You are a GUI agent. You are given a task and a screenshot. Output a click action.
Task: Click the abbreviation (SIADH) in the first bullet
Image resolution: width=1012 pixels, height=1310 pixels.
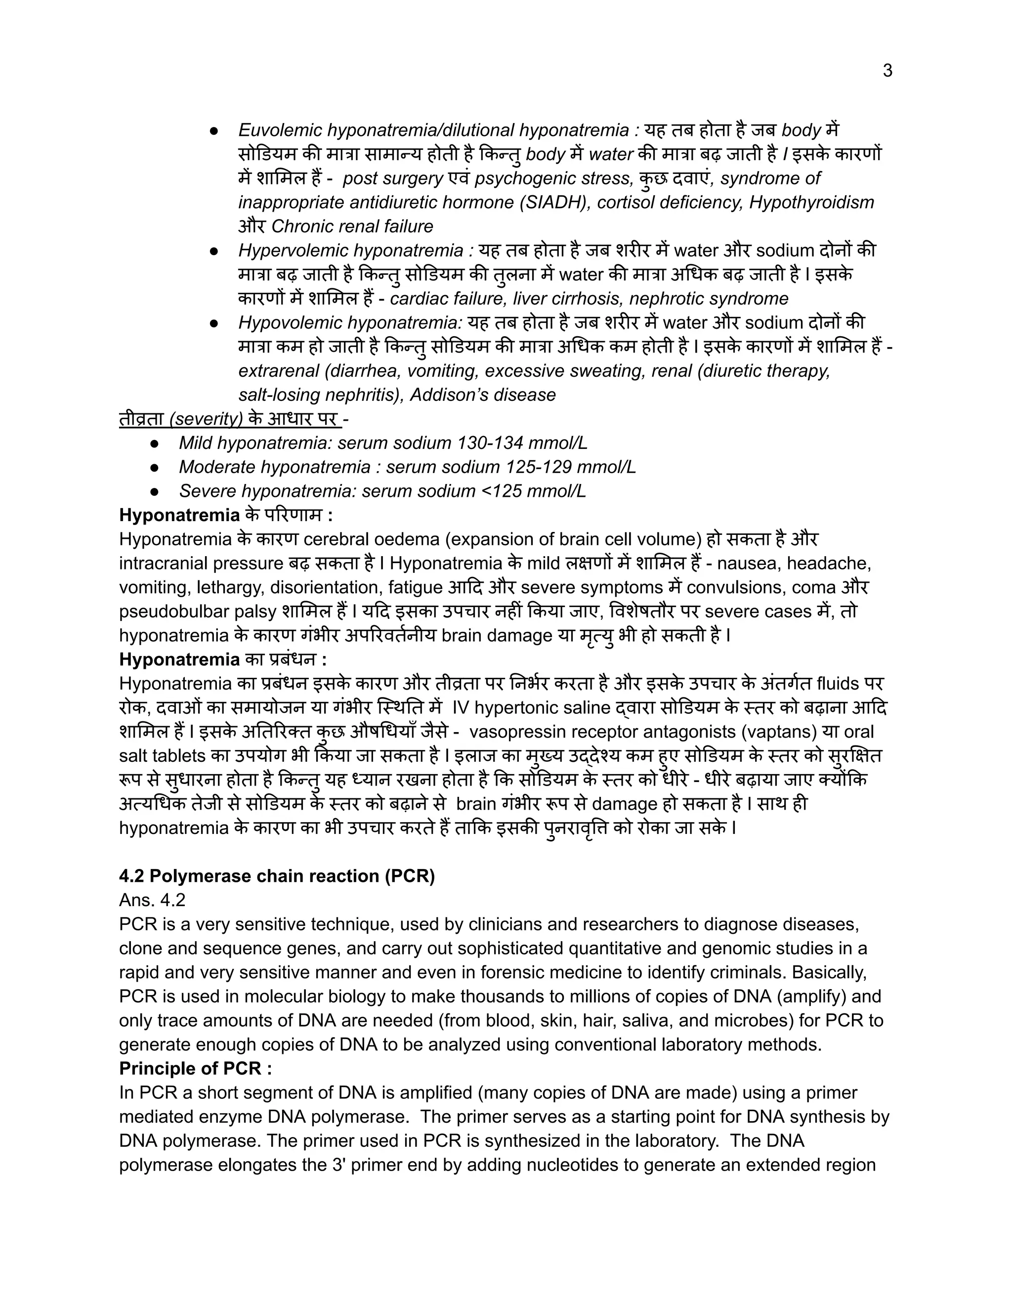click(554, 203)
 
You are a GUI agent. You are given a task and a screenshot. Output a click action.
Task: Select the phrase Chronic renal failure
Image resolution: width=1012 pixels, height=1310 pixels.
click(352, 227)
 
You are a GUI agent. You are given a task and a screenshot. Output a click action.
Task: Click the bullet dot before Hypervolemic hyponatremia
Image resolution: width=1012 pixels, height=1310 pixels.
click(214, 251)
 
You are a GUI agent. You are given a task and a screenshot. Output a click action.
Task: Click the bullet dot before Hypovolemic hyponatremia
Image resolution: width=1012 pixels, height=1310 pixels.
click(214, 323)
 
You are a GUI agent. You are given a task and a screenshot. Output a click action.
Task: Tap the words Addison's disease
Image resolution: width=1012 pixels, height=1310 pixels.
click(483, 395)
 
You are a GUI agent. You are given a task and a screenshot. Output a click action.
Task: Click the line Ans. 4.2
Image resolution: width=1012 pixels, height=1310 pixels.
click(152, 900)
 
